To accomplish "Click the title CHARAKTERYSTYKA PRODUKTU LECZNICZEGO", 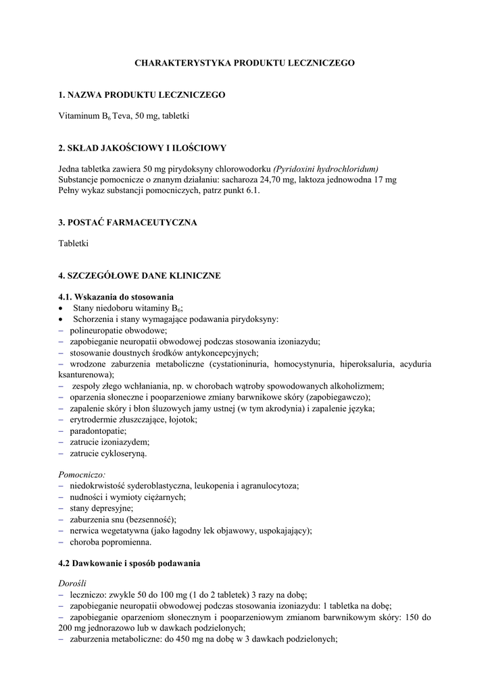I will pos(245,63).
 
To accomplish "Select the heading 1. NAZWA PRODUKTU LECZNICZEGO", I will pos(141,95).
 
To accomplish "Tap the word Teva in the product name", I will pos(122,116).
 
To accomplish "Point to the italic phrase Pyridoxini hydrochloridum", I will pos(325,169).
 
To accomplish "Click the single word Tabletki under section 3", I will pos(73,243).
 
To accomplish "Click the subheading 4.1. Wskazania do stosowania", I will pos(116,297).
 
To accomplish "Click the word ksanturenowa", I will pos(85,375).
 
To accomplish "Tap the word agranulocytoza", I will pos(268,485).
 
